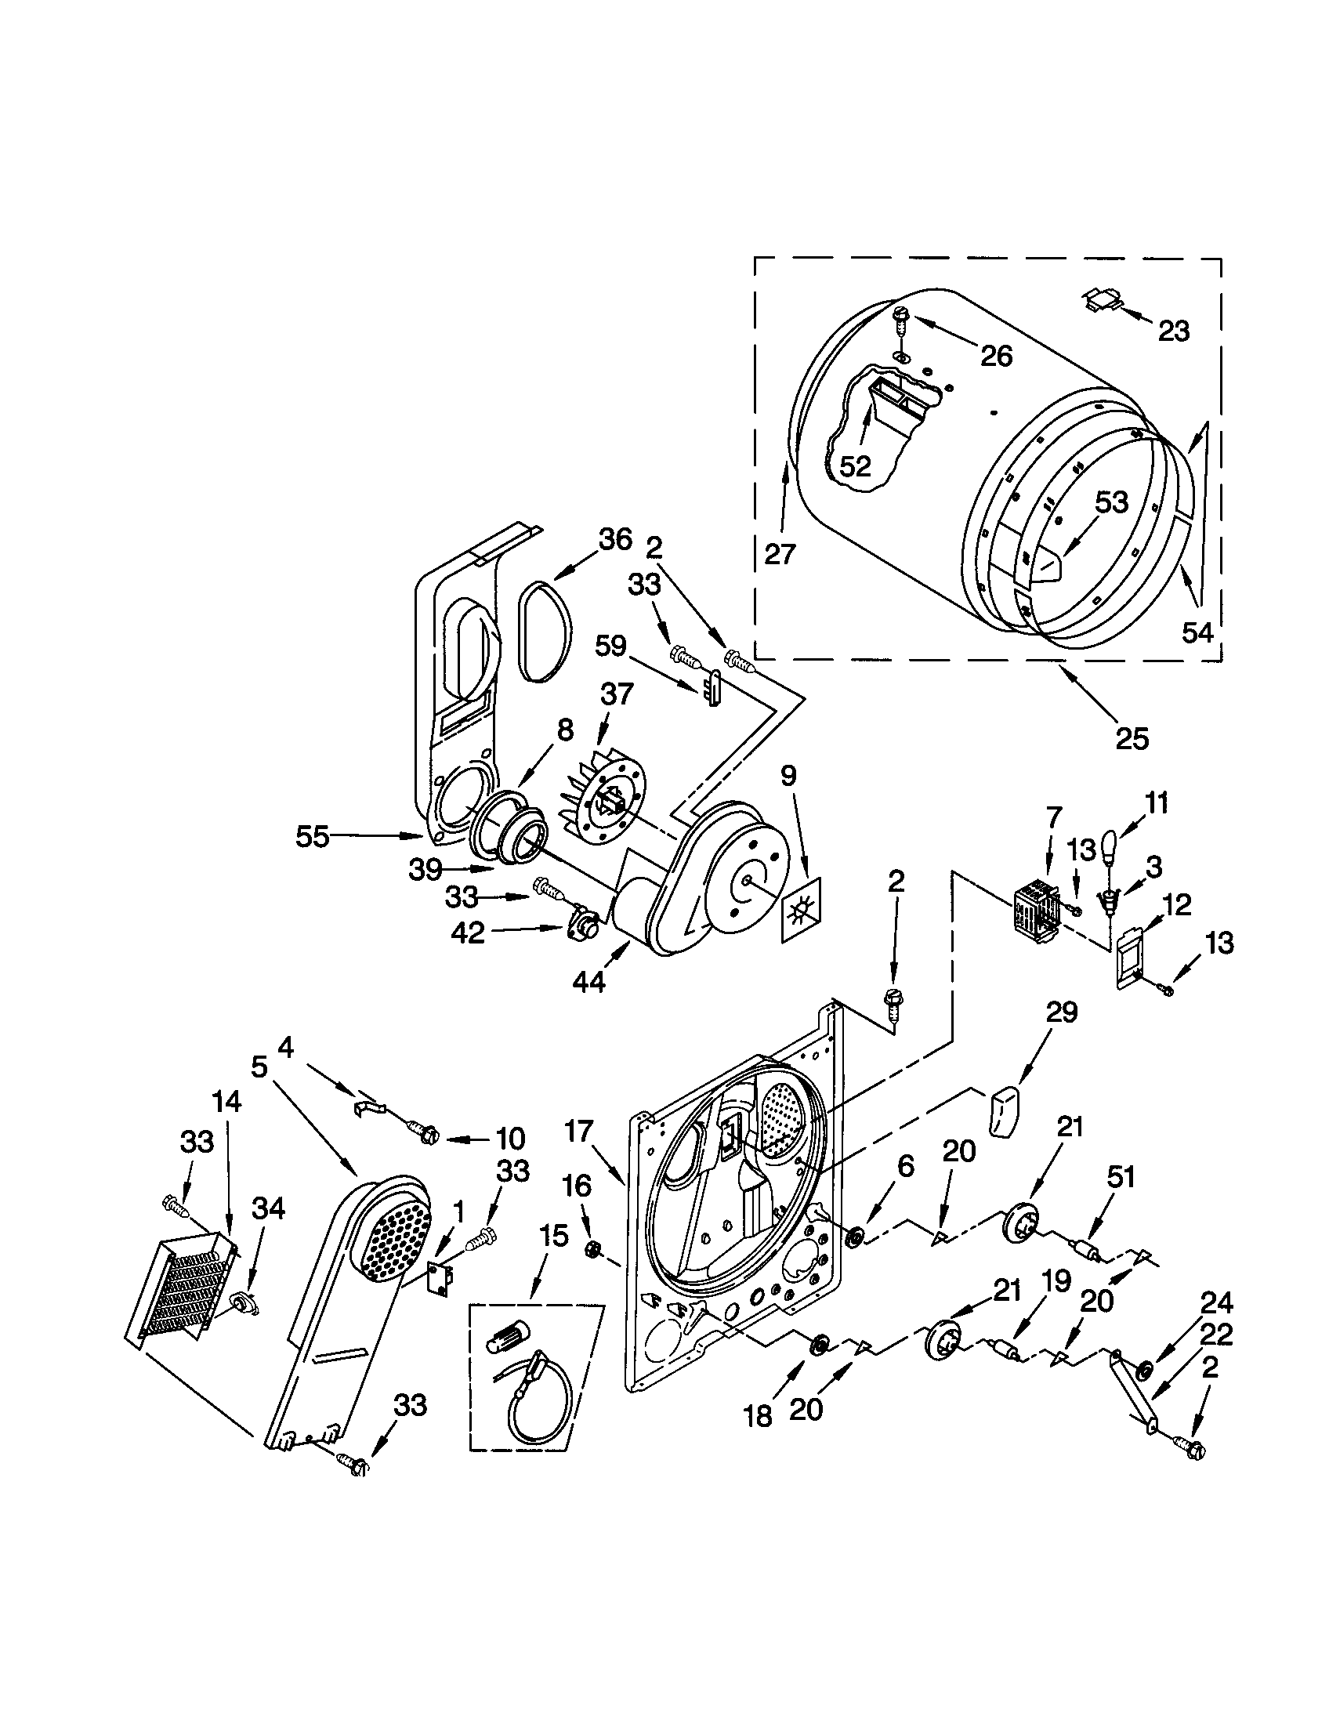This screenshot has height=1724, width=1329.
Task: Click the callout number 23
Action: point(1173,331)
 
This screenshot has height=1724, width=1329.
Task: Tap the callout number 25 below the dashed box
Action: point(1132,738)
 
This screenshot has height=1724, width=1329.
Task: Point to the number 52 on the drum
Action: point(854,466)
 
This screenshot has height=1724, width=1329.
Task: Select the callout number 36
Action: point(615,539)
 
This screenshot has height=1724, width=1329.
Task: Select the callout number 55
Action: point(312,836)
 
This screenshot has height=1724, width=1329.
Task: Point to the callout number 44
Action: point(588,982)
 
